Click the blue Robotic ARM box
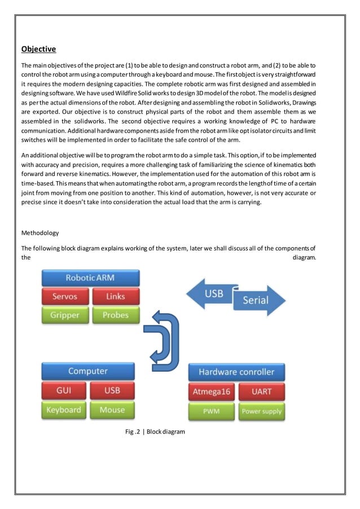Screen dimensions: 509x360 pos(90,278)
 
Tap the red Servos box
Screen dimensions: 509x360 pos(65,296)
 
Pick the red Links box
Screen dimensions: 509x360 pos(115,296)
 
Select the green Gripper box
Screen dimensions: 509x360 pos(65,315)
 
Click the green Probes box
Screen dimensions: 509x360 pos(115,315)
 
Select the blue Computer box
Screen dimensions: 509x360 pos(88,371)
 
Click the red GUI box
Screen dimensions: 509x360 pos(64,390)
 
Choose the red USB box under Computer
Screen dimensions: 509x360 pos(112,390)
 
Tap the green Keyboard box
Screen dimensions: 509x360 pos(64,410)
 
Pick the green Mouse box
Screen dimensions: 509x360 pos(112,410)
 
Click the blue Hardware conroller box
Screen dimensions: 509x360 pos(236,372)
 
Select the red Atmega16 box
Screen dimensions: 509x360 pos(212,391)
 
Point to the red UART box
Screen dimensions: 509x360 pos(261,391)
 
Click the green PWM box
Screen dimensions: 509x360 pos(212,411)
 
